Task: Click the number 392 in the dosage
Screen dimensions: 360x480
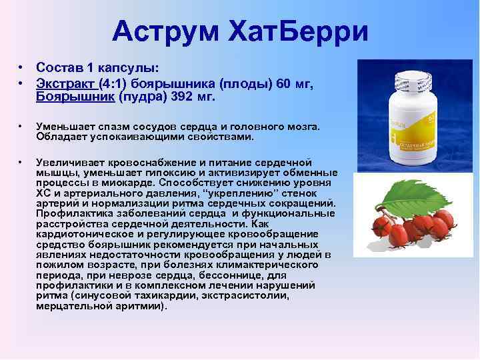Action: [x=183, y=97]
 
